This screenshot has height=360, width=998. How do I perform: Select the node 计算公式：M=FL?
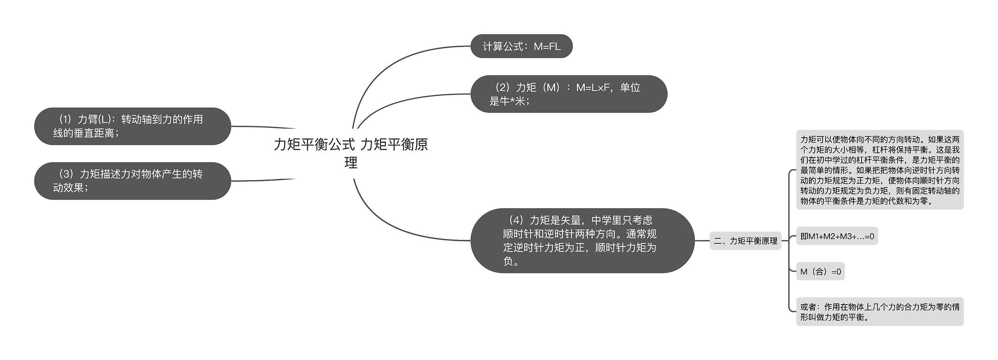521,46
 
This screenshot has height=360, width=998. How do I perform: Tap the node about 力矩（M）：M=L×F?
568,94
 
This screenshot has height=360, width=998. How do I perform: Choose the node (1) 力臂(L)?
133,126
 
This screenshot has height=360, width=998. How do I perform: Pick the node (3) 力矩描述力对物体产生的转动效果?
133,181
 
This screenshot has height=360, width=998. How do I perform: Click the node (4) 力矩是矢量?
582,241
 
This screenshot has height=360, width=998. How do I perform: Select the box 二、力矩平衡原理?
745,241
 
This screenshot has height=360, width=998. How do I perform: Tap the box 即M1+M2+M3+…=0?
837,236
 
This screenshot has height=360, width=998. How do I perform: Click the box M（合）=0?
820,271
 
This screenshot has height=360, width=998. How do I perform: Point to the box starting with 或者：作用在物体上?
879,312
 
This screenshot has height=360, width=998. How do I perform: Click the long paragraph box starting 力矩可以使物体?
879,170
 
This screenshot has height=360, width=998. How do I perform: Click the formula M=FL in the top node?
547,47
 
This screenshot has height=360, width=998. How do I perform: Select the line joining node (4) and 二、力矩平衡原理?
702,241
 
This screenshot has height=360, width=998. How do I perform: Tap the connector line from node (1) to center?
265,127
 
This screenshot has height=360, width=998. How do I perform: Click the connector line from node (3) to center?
265,180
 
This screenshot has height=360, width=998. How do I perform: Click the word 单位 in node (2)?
630,88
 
